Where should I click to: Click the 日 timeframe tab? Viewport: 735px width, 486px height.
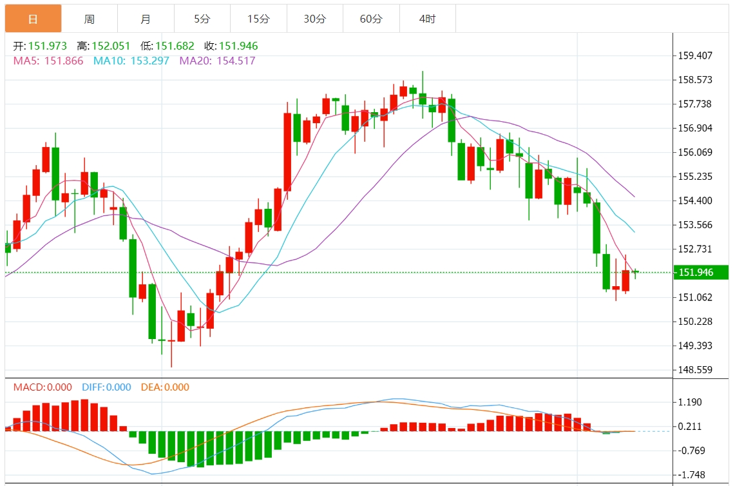coord(33,19)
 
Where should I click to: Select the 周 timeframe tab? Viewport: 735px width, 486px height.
coord(89,19)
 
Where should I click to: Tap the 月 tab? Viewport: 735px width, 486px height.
coord(146,19)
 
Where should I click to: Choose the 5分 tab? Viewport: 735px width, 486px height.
coord(202,19)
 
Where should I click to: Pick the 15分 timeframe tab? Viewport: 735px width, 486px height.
coord(258,19)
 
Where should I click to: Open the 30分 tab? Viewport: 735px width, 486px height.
coord(314,19)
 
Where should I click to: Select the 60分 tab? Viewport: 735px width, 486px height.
coord(371,19)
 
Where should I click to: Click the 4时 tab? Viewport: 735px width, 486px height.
coord(427,19)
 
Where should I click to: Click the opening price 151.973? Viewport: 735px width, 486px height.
coord(47,46)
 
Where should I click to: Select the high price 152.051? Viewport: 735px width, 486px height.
coord(111,46)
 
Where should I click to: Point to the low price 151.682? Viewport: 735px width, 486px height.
coord(175,46)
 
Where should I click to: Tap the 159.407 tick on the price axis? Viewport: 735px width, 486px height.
coord(695,55)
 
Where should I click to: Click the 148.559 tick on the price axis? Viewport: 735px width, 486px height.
coord(695,370)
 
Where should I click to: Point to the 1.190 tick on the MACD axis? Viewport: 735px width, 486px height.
coord(690,402)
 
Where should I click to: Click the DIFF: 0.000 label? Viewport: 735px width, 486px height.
coord(106,387)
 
